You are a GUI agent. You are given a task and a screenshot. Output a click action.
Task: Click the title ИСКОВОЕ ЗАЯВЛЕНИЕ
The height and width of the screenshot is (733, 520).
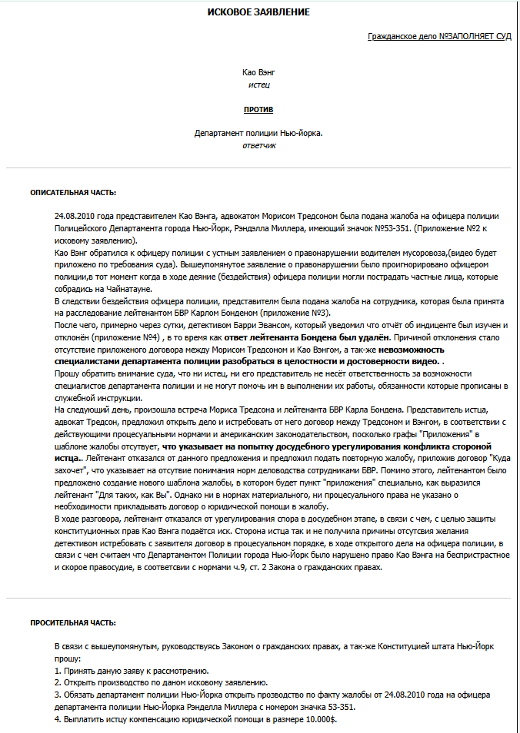click(x=258, y=13)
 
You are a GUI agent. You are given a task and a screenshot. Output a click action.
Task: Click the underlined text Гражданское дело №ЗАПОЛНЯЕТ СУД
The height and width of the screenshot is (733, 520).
click(x=439, y=36)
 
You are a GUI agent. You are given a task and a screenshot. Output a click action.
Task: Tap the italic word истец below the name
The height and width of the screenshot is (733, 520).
click(x=258, y=84)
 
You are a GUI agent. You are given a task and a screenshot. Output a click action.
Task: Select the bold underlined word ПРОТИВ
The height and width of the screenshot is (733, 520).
click(x=258, y=110)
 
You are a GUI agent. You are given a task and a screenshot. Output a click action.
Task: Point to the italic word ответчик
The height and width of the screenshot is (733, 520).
click(x=258, y=145)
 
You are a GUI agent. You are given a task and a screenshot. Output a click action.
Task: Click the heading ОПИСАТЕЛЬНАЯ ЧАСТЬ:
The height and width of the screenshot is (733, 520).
click(x=73, y=192)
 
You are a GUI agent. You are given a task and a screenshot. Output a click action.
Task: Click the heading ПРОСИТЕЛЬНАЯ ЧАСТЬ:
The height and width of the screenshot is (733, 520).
click(x=73, y=623)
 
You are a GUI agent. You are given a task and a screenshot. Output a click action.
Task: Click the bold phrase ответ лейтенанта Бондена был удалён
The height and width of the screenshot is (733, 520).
click(x=323, y=337)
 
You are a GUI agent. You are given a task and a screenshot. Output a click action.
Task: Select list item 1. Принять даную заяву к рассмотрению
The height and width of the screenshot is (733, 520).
click(x=132, y=671)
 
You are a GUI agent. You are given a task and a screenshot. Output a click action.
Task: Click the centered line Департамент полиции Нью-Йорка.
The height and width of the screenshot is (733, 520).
click(x=258, y=133)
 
